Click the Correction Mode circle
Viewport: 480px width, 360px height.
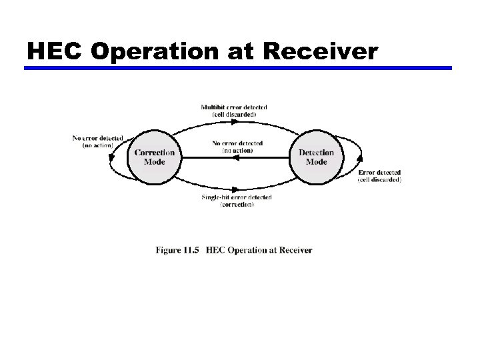(x=154, y=157)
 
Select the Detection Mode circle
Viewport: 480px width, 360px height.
(x=316, y=157)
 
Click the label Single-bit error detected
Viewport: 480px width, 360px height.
(x=237, y=197)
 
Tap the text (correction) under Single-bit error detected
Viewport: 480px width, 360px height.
(x=237, y=205)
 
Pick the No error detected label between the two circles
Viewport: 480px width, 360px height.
(x=237, y=143)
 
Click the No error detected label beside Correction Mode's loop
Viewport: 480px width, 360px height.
(x=97, y=138)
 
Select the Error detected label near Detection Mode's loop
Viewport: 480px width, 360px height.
(x=379, y=173)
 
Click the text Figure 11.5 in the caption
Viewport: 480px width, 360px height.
(x=177, y=251)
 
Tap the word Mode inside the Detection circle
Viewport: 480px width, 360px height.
(x=316, y=162)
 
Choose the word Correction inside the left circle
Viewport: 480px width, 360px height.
(x=154, y=153)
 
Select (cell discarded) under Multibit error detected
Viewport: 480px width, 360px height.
(x=234, y=115)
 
